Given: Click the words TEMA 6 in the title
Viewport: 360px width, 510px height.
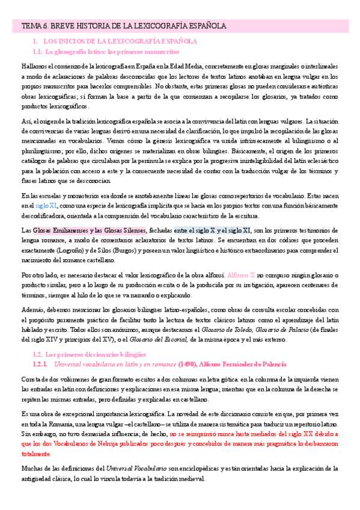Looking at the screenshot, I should (35, 26).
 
